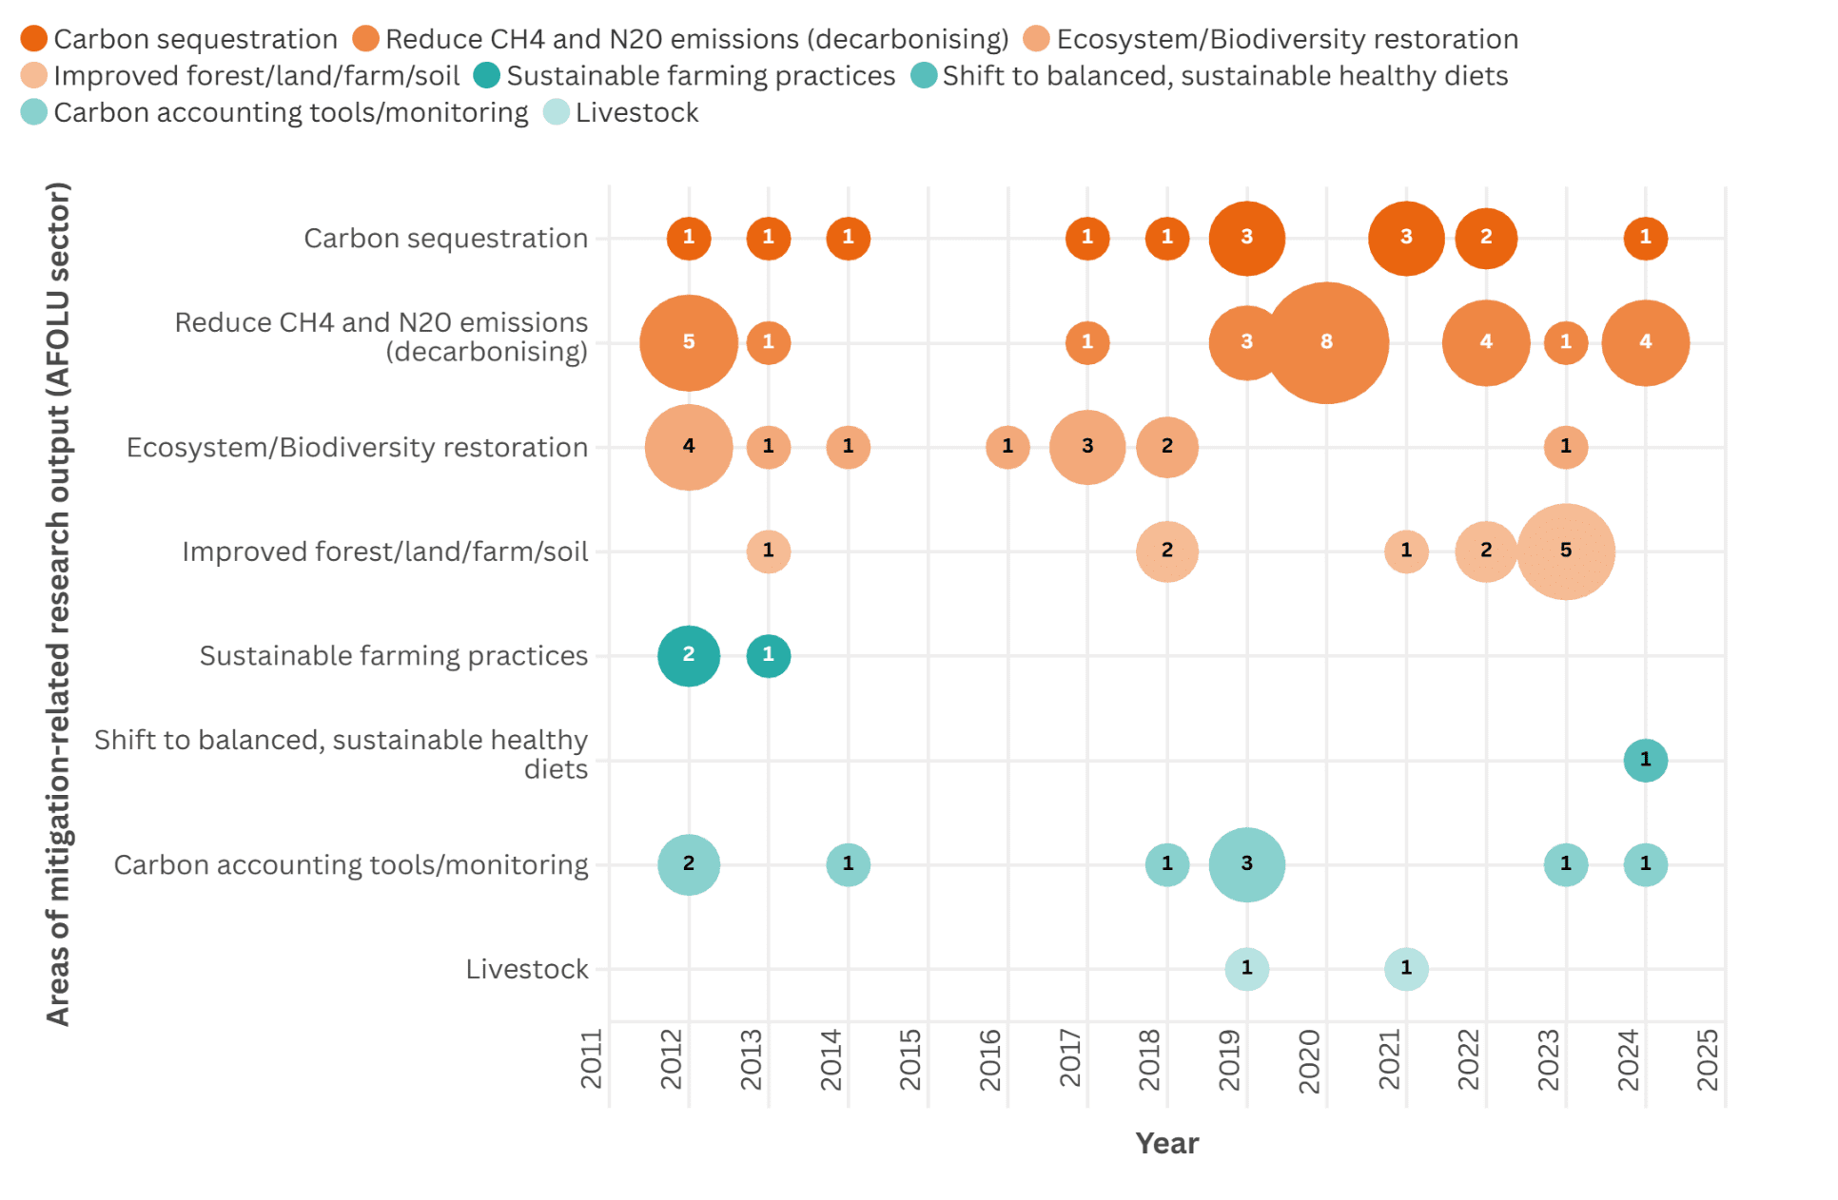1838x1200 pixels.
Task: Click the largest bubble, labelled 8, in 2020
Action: pos(1325,342)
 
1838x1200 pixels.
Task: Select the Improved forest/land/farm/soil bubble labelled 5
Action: pos(1565,551)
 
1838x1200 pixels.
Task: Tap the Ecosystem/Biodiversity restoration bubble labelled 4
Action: pos(689,447)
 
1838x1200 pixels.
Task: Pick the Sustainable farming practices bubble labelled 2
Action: pos(689,655)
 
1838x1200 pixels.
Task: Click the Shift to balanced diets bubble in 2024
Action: pos(1645,760)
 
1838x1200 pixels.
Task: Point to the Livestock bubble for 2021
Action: pos(1406,969)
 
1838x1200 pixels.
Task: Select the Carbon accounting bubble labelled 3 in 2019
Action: pos(1246,864)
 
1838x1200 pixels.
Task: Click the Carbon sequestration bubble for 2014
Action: pos(848,238)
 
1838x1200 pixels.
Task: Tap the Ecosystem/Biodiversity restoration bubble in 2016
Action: pos(1007,447)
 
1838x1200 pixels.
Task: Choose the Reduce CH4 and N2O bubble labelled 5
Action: pos(689,342)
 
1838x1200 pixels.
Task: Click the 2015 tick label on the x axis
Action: pos(910,1059)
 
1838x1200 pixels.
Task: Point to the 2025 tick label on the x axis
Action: pos(1708,1059)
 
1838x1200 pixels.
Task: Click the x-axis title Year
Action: pos(1166,1143)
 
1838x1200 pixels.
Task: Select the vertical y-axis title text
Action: pos(59,604)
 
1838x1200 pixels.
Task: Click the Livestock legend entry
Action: pos(635,112)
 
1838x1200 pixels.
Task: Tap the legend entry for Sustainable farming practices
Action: pos(699,76)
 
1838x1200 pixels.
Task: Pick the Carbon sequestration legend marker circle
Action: pos(34,39)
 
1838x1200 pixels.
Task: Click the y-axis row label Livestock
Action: pos(527,969)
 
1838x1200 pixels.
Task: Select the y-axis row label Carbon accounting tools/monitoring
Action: pos(351,864)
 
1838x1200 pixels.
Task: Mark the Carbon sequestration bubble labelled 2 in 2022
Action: pos(1485,238)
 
